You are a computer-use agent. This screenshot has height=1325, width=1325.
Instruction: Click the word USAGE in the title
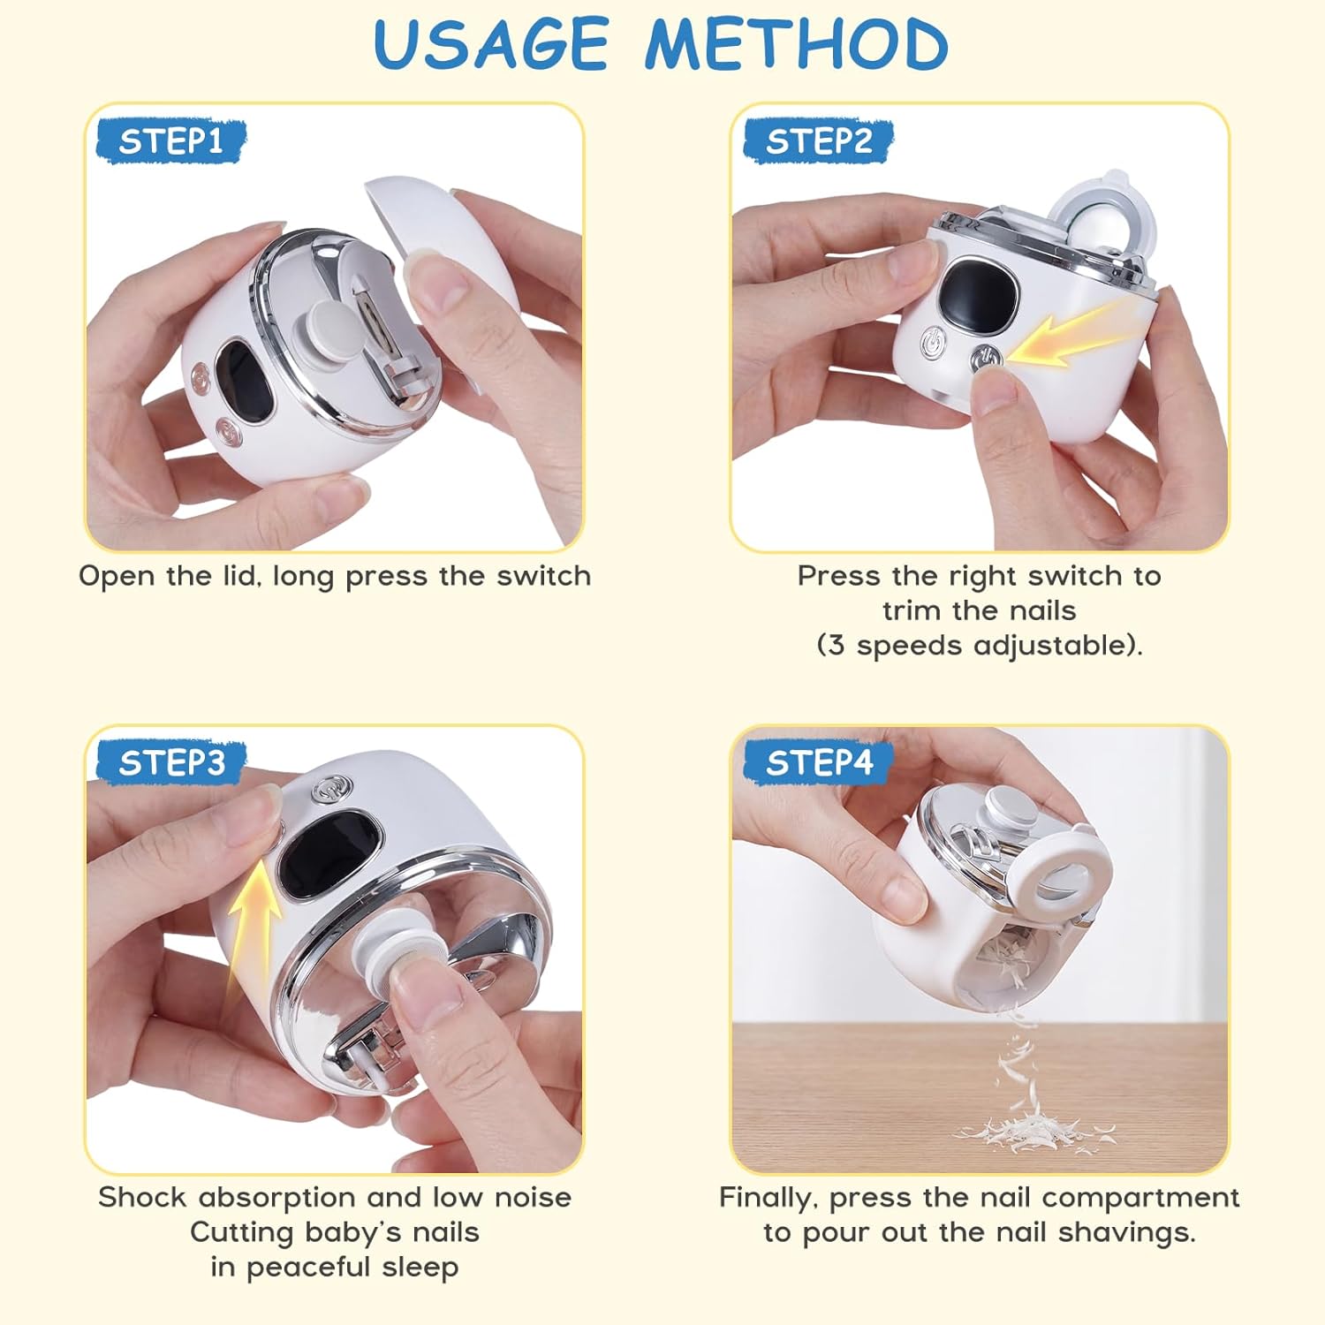point(491,43)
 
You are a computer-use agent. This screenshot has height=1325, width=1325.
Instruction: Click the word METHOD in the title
point(797,43)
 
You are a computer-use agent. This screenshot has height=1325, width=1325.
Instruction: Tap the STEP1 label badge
point(170,140)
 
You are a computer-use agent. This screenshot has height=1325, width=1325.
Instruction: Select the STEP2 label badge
point(818,140)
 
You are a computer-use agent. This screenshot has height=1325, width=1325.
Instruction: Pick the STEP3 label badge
point(170,762)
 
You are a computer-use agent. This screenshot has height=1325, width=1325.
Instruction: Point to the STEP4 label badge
point(818,762)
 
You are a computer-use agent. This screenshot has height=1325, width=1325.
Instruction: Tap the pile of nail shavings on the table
point(1033,1130)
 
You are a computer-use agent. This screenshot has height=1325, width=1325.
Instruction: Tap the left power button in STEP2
point(933,343)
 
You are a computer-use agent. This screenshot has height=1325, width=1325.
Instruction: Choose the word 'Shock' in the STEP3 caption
point(142,1197)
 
